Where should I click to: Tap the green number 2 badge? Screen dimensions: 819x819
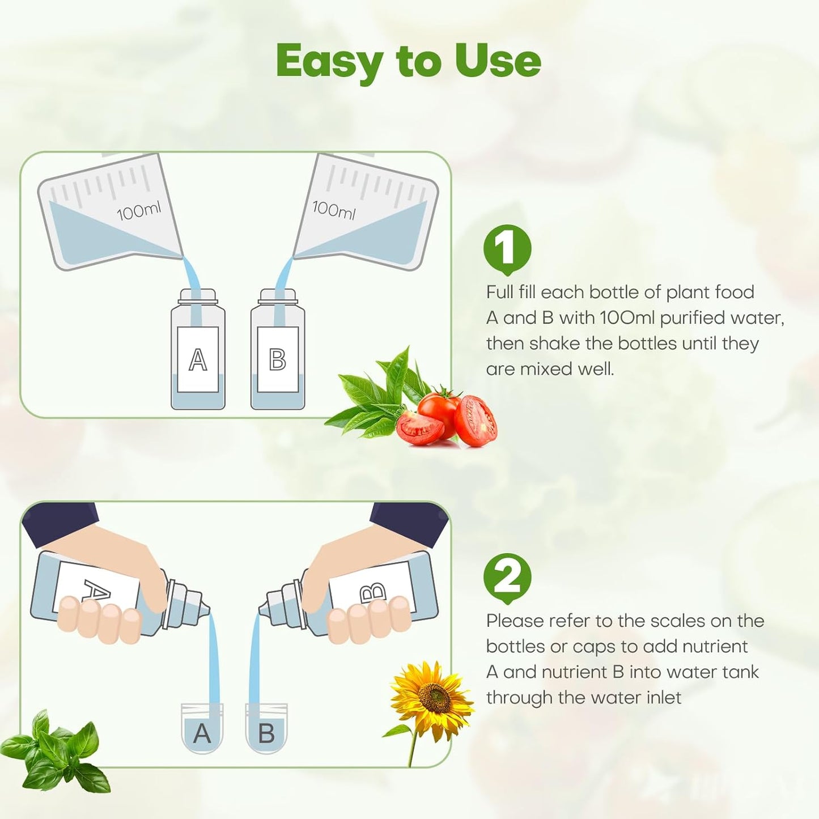tap(507, 577)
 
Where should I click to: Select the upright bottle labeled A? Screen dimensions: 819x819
tap(198, 357)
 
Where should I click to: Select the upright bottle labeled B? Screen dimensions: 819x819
tap(278, 357)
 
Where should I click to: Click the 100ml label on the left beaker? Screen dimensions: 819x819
tap(139, 212)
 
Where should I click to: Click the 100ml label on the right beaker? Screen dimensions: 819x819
tap(334, 210)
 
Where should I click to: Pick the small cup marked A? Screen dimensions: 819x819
tap(202, 730)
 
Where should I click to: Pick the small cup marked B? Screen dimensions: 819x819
tap(266, 730)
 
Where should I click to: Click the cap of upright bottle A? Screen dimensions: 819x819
tap(198, 296)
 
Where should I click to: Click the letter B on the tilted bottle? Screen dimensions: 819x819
tap(373, 592)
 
